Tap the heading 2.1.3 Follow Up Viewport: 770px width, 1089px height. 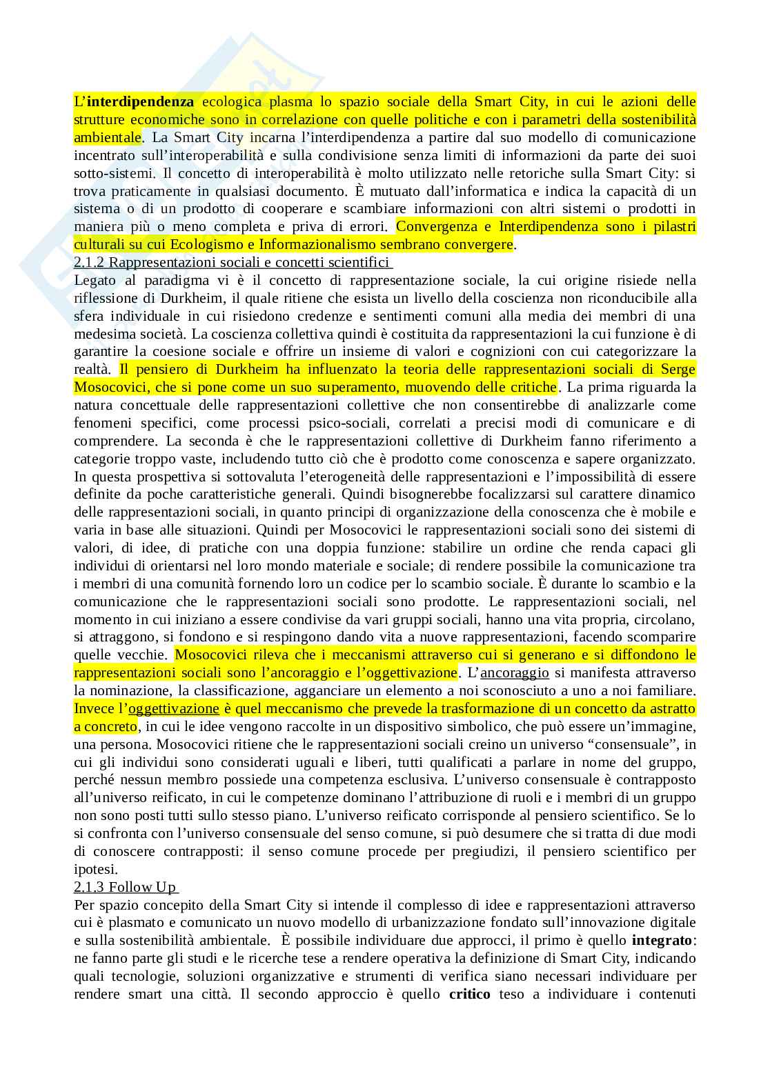[x=125, y=886]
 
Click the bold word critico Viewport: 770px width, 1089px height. [x=469, y=994]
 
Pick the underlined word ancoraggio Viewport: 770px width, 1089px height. [x=515, y=672]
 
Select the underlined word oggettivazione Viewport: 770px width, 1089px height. [x=173, y=708]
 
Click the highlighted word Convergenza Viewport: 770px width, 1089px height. [x=443, y=226]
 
